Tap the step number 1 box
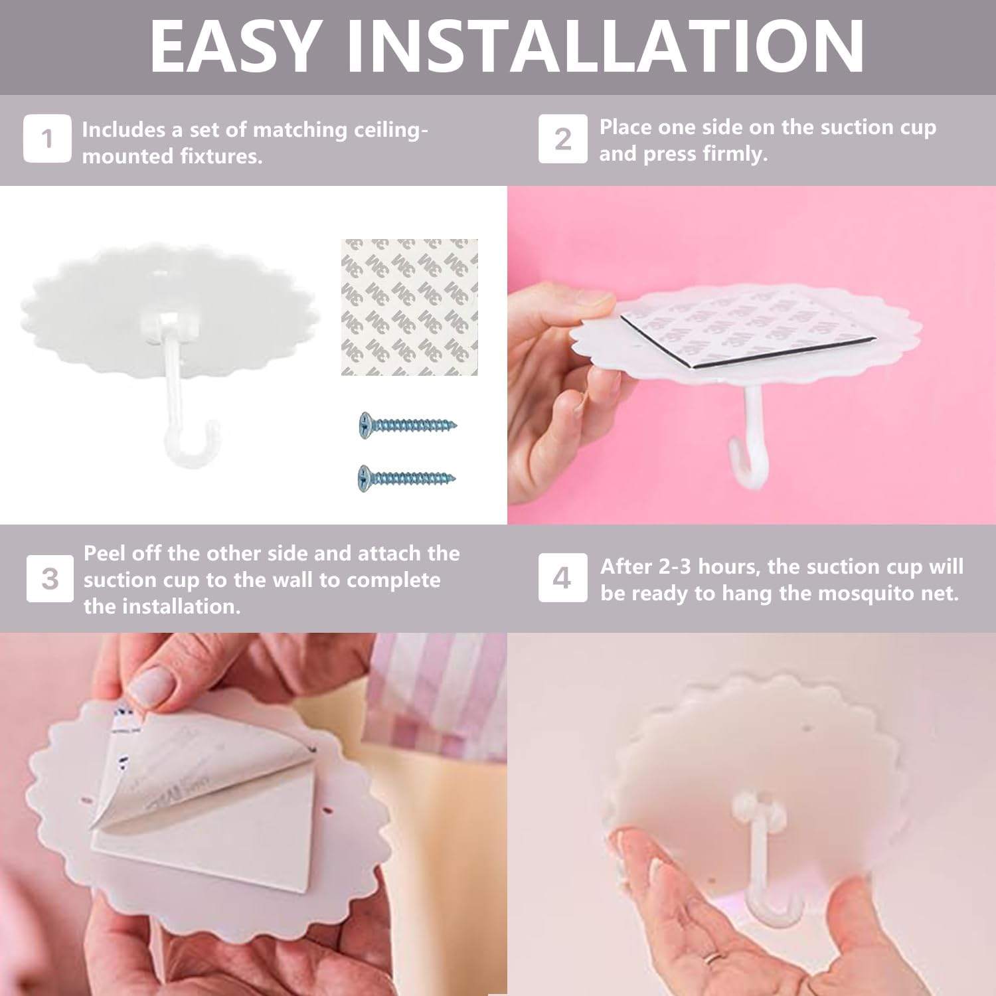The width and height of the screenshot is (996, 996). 47,138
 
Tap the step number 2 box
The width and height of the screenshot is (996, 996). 562,138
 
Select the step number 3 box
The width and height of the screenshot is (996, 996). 50,578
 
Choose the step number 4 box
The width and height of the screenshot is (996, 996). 562,578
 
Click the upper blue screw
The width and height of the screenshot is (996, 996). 408,424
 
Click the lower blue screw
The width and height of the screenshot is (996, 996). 408,477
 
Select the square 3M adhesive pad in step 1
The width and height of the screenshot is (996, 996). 410,307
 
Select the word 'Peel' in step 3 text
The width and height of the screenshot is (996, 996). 104,553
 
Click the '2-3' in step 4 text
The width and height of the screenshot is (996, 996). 678,566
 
